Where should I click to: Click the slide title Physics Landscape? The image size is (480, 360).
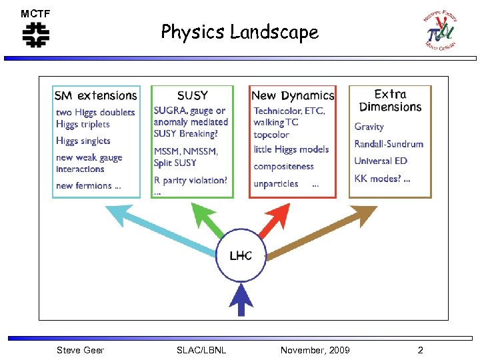click(239, 31)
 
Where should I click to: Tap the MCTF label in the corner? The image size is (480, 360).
click(35, 13)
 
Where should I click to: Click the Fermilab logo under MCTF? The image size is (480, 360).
click(36, 35)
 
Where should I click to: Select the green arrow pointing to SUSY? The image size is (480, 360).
click(211, 221)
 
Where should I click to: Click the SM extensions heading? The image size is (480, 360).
click(96, 95)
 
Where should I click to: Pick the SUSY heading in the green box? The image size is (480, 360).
click(192, 95)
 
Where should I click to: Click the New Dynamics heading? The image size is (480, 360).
click(293, 95)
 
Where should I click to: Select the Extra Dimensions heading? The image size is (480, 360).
click(390, 101)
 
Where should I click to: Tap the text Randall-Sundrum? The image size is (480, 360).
click(389, 144)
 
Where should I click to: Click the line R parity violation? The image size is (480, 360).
click(191, 180)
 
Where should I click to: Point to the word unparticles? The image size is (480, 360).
click(276, 183)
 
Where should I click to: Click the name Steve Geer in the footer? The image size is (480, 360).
click(80, 350)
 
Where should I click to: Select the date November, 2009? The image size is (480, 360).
click(315, 350)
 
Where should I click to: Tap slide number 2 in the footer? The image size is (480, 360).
click(420, 350)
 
